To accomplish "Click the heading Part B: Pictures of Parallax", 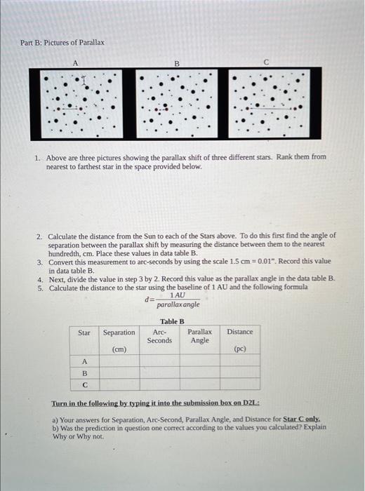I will (62, 43).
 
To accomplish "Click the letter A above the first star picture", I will (75, 62).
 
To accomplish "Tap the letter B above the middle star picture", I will (177, 62).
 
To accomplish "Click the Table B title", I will (171, 321).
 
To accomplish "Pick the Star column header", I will (84, 332).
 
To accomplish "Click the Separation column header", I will (119, 332).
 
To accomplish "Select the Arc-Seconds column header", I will (159, 336).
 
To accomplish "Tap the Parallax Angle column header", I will (199, 336).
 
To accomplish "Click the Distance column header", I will (240, 332).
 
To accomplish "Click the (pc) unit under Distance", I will (240, 349).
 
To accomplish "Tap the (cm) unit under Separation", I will (119, 349).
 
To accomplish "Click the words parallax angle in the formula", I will (178, 305).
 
